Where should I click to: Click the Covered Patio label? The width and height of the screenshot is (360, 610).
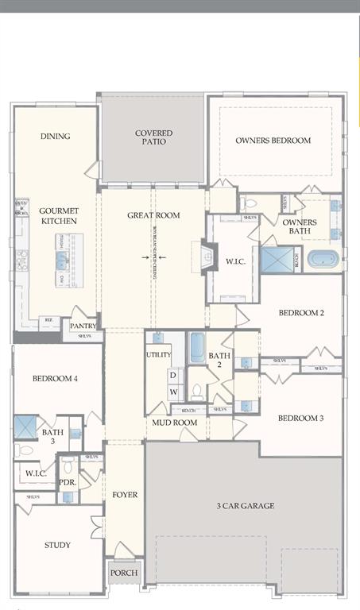coord(153,139)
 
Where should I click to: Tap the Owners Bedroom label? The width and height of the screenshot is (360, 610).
coord(273,141)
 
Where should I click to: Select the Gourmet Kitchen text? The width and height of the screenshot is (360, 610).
coord(58,215)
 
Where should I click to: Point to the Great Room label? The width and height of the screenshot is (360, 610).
coord(153,215)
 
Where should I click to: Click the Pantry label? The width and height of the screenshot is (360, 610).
coord(83,326)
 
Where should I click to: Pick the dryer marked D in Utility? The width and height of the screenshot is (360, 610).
coord(172,375)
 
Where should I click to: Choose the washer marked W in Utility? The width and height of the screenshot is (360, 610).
coord(172,392)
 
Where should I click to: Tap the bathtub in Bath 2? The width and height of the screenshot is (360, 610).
coord(196,347)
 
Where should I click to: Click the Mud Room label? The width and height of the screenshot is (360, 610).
coord(174,423)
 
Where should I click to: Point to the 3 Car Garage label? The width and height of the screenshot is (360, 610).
coord(245,505)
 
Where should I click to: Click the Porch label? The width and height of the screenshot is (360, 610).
coord(124,573)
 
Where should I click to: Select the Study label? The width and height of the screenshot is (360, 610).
coord(56,545)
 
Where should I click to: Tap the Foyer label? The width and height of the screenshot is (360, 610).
coord(124,495)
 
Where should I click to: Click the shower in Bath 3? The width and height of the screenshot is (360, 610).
coord(25,427)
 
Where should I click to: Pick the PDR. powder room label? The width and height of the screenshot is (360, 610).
coord(68,481)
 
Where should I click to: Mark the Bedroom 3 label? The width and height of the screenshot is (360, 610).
coord(300,418)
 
